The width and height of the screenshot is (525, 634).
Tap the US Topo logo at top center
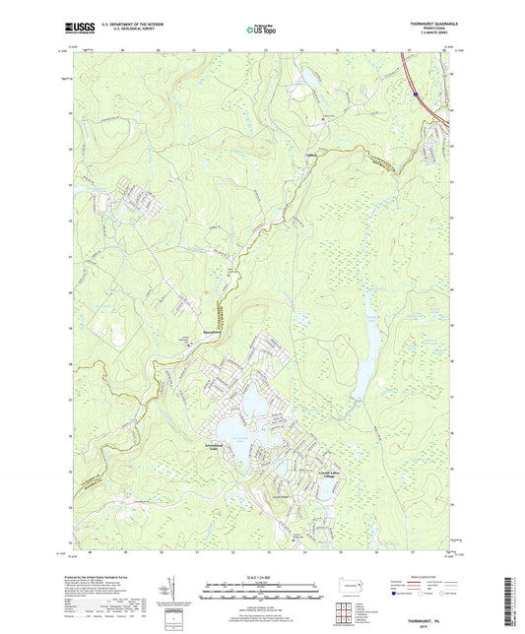261,31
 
